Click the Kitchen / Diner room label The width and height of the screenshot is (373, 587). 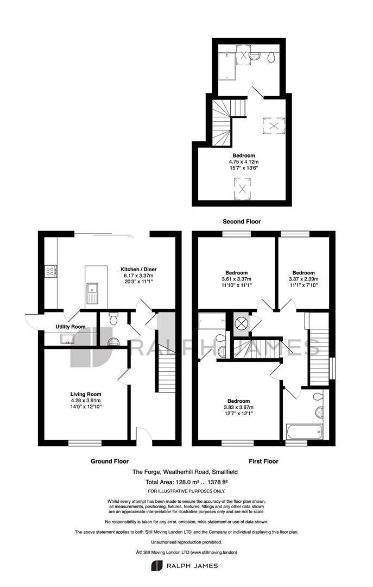tap(138, 269)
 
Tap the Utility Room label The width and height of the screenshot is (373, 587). tap(71, 327)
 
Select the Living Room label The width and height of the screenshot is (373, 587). tap(86, 394)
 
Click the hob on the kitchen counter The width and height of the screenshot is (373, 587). tap(50, 271)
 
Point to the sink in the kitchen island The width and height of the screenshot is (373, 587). tap(92, 293)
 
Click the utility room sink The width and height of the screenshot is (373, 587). tap(67, 339)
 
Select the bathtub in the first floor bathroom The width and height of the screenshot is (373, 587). tap(304, 432)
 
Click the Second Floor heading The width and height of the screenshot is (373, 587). tap(242, 222)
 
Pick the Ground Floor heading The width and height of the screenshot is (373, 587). tap(110, 461)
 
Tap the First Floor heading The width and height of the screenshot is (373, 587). tap(264, 461)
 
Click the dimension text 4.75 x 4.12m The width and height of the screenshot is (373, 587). tap(244, 162)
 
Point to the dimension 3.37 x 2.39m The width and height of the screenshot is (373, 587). tap(304, 279)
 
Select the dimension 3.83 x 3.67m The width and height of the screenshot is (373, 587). tap(239, 407)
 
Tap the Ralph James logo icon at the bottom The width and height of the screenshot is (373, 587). tap(156, 566)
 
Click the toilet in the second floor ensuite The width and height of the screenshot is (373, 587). tap(271, 57)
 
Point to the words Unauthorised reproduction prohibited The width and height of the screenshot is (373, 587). tap(187, 542)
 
